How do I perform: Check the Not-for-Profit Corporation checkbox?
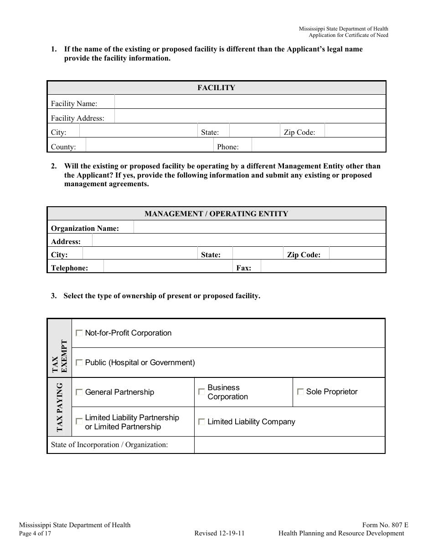click(x=79, y=333)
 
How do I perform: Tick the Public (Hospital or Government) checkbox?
click(x=79, y=363)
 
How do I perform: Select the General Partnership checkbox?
click(x=79, y=392)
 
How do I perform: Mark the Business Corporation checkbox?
click(x=201, y=392)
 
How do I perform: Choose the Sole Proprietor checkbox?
click(x=300, y=392)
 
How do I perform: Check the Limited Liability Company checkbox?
click(x=201, y=422)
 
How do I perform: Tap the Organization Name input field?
click(x=259, y=227)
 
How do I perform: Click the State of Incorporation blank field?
click(x=289, y=445)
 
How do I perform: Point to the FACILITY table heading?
click(x=216, y=88)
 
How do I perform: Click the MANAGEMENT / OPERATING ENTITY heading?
click(x=216, y=214)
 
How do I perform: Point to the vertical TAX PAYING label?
click(x=60, y=407)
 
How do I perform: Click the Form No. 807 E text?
click(x=385, y=525)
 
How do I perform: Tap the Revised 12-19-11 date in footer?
click(x=219, y=534)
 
